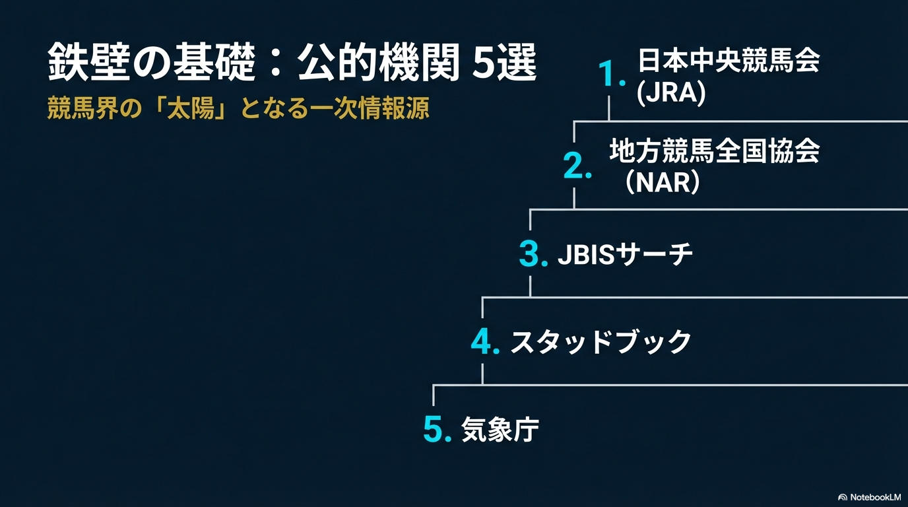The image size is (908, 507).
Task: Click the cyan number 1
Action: click(x=611, y=73)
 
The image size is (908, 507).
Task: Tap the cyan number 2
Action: click(x=577, y=166)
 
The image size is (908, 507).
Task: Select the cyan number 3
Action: click(x=533, y=253)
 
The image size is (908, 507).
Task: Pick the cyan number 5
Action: click(x=438, y=429)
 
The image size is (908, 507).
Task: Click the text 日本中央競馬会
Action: click(x=729, y=61)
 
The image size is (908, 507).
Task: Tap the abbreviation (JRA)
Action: click(x=671, y=93)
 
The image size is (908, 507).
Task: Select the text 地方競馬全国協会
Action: click(x=715, y=151)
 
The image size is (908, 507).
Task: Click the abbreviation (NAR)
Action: click(x=663, y=182)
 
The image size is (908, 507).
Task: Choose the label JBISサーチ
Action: click(x=625, y=254)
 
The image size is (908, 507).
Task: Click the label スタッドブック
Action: click(x=600, y=342)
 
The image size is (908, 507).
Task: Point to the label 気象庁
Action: click(x=500, y=430)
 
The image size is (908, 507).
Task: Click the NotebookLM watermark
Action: click(x=870, y=497)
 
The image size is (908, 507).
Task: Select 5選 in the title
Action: click(x=504, y=63)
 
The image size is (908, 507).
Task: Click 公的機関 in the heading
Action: click(x=378, y=63)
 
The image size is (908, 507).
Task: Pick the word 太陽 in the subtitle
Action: click(x=191, y=108)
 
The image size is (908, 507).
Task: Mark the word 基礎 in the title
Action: click(x=214, y=63)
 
